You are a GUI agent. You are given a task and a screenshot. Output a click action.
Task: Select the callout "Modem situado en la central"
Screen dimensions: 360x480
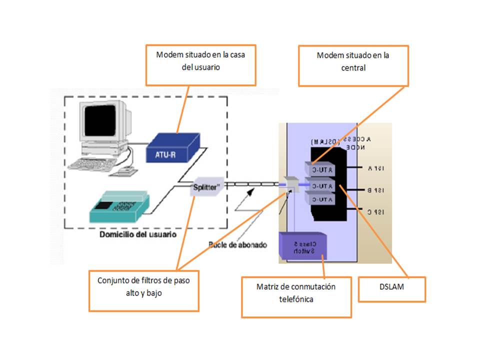pos(353,65)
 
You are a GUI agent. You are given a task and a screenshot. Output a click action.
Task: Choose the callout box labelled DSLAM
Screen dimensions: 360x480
pos(391,289)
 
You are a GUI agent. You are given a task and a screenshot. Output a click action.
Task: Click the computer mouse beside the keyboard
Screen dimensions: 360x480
pos(124,170)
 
